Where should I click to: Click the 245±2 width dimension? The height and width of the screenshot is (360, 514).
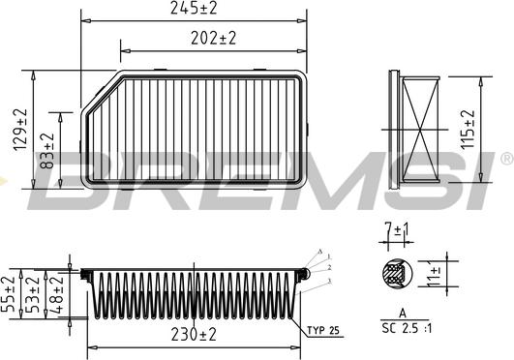[x=195, y=10]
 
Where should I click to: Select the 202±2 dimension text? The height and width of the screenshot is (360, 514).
[x=215, y=39]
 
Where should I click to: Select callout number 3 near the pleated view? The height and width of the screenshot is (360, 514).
[x=329, y=279]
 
